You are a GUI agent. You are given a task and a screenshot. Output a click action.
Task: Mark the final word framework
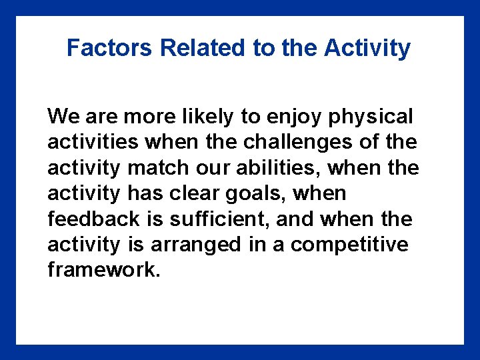point(104,271)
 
